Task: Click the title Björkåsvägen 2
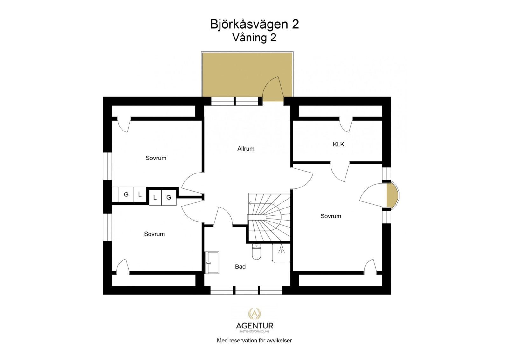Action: [254, 24]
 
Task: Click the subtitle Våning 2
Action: [254, 38]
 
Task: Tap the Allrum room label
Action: [246, 149]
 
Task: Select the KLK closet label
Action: [338, 145]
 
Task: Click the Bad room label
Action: [240, 267]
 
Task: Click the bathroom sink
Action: [212, 263]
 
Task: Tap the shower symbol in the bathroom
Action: [282, 249]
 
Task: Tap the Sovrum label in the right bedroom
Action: [331, 216]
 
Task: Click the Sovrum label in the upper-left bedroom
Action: [156, 158]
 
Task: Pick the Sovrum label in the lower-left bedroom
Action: [154, 234]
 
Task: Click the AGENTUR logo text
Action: [254, 326]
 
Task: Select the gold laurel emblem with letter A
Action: [254, 314]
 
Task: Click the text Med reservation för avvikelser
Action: [254, 341]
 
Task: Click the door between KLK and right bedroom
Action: [340, 172]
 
